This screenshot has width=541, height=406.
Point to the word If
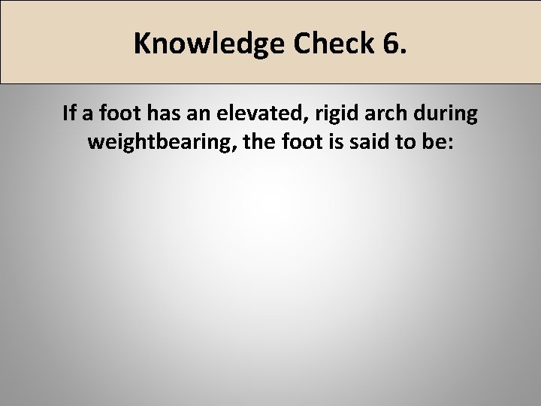pos(70,114)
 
